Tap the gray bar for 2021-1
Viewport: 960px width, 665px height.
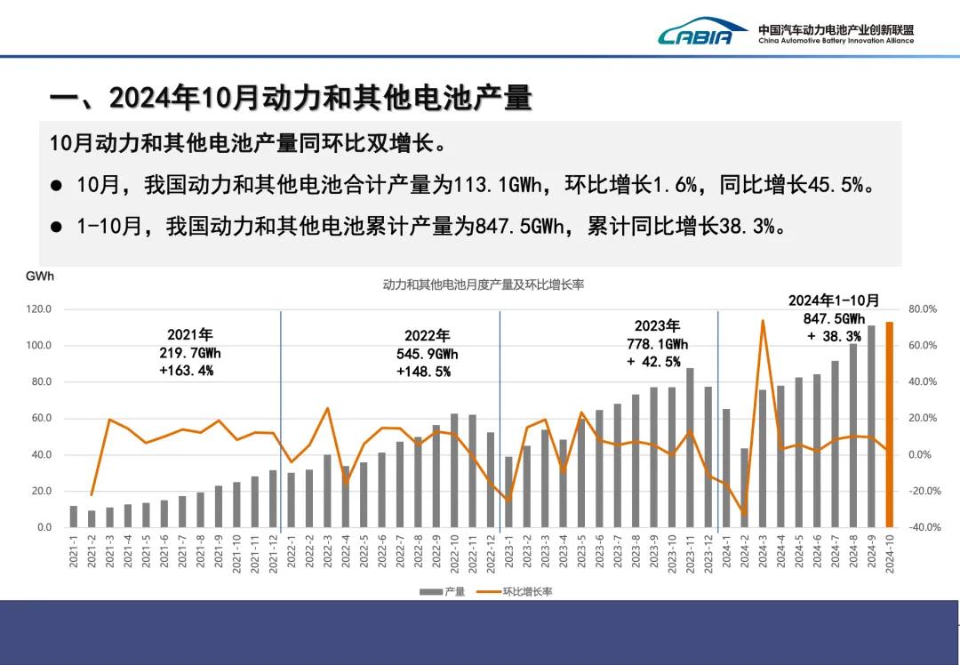73,517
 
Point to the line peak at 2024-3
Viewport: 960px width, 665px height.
763,321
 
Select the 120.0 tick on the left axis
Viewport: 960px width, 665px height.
38,309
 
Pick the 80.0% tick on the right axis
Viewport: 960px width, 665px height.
923,309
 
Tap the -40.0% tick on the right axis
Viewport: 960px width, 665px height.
923,528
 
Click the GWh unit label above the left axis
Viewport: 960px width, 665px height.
40,276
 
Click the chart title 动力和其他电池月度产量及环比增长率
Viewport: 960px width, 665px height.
483,284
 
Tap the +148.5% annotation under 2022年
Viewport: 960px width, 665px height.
423,372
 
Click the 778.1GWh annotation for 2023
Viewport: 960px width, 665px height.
657,344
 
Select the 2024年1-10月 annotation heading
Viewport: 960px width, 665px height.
834,300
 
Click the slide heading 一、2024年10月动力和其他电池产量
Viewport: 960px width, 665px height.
290,98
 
